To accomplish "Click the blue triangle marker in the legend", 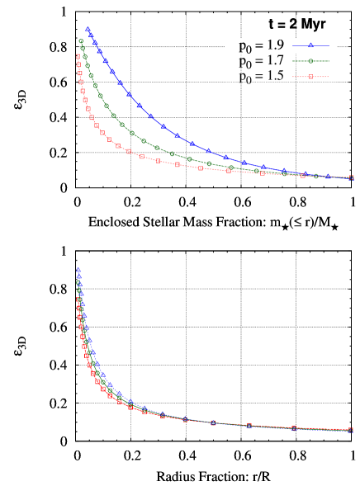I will pos(310,45).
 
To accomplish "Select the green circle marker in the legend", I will pos(310,61).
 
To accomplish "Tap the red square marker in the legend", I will pos(310,77).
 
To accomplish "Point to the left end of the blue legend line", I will pos(292,45).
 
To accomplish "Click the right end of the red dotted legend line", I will pos(329,77).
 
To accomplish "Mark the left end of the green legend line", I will pos(292,61).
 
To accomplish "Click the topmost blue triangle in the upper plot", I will pos(88,29).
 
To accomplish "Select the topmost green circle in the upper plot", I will pos(81,41).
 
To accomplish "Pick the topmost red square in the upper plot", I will pos(78,56).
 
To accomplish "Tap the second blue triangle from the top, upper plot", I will pos(91,35).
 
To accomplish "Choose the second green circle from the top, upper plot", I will pos(83,49).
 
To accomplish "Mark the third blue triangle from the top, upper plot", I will pos(95,43).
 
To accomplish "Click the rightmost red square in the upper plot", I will pos(352,177).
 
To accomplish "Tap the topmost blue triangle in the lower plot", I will pos(78,270).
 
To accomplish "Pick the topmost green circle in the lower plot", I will pos(78,283).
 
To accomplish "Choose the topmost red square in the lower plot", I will pos(78,300).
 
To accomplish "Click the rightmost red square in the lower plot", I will pos(351,430).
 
